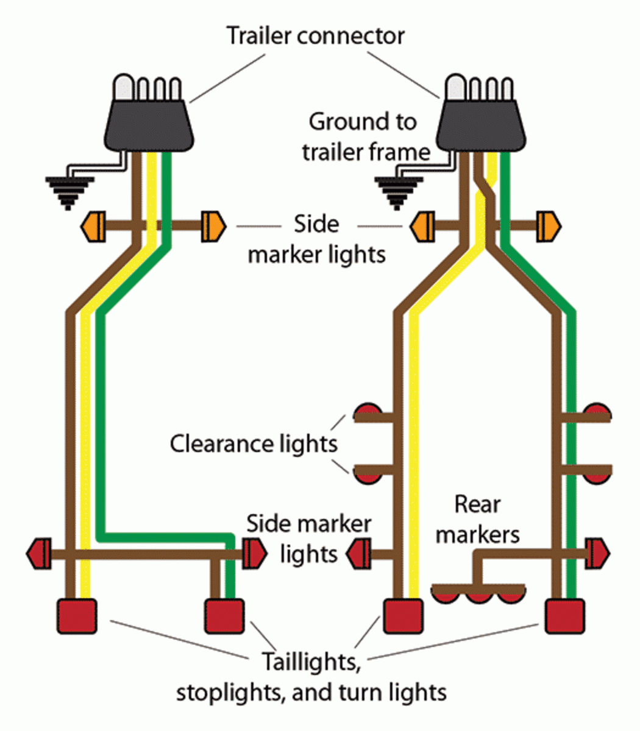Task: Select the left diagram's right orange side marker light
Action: (x=213, y=227)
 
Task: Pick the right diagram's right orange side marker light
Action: (x=548, y=227)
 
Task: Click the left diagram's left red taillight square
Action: (x=77, y=616)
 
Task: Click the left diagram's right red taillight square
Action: (x=224, y=616)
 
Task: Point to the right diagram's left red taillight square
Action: (x=402, y=616)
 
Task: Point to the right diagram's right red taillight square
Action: (x=564, y=616)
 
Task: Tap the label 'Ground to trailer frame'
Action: (x=364, y=136)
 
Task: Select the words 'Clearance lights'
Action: (x=253, y=443)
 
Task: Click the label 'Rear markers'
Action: (x=478, y=519)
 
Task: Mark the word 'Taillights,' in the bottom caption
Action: (x=311, y=662)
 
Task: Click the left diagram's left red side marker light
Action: (x=38, y=554)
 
